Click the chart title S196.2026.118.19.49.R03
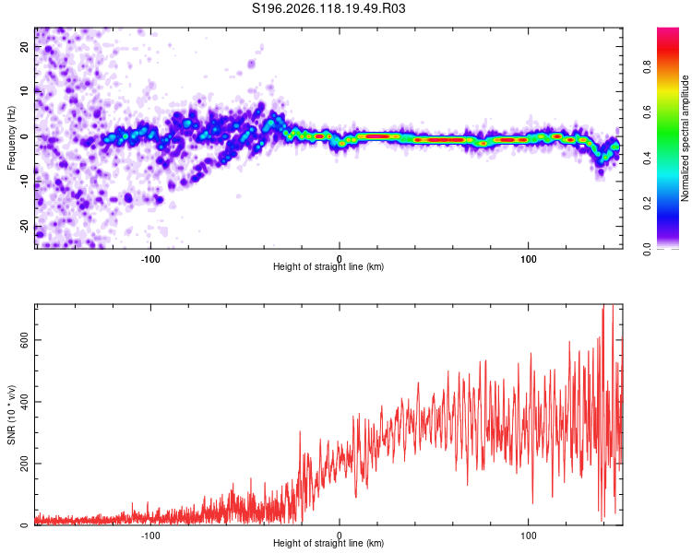pyautogui.click(x=328, y=8)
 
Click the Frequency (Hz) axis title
pyautogui.click(x=11, y=138)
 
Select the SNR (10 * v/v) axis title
pyautogui.click(x=11, y=415)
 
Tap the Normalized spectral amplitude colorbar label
pyautogui.click(x=685, y=138)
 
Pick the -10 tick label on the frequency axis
pyautogui.click(x=24, y=182)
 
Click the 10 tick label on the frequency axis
pyautogui.click(x=24, y=91)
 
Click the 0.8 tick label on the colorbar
pyautogui.click(x=647, y=67)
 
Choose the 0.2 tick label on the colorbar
pyautogui.click(x=647, y=204)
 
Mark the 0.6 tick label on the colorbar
pyautogui.click(x=647, y=112)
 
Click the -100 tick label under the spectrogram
pyautogui.click(x=150, y=259)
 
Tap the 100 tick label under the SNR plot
pyautogui.click(x=529, y=535)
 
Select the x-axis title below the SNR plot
pyautogui.click(x=328, y=543)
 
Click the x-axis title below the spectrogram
pyautogui.click(x=328, y=266)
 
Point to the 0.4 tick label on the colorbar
pyautogui.click(x=647, y=158)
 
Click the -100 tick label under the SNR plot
pyautogui.click(x=150, y=535)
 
